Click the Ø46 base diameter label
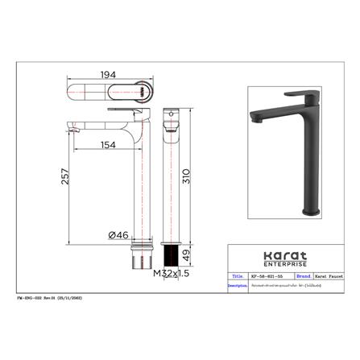click(x=119, y=234)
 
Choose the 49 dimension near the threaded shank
click(x=188, y=255)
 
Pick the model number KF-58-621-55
click(x=265, y=275)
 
